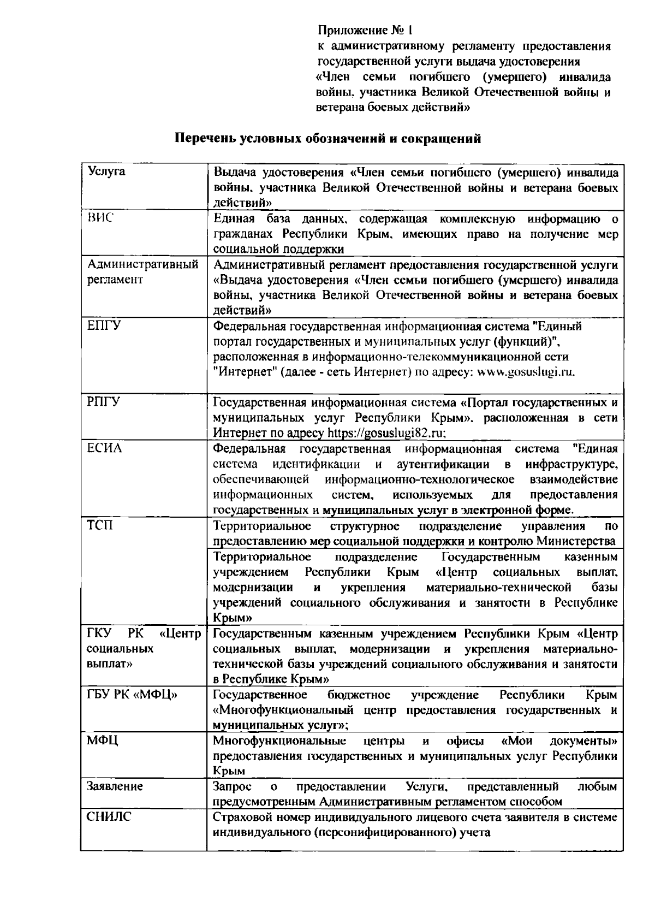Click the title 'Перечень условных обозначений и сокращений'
[327, 138]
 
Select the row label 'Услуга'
[106, 171]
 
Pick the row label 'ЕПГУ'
[104, 326]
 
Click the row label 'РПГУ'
[104, 402]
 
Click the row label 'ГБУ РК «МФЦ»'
[132, 695]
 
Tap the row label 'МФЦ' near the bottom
[103, 741]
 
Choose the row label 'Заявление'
[115, 786]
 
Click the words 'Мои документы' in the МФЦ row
[559, 741]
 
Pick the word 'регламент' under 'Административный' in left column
[115, 280]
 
